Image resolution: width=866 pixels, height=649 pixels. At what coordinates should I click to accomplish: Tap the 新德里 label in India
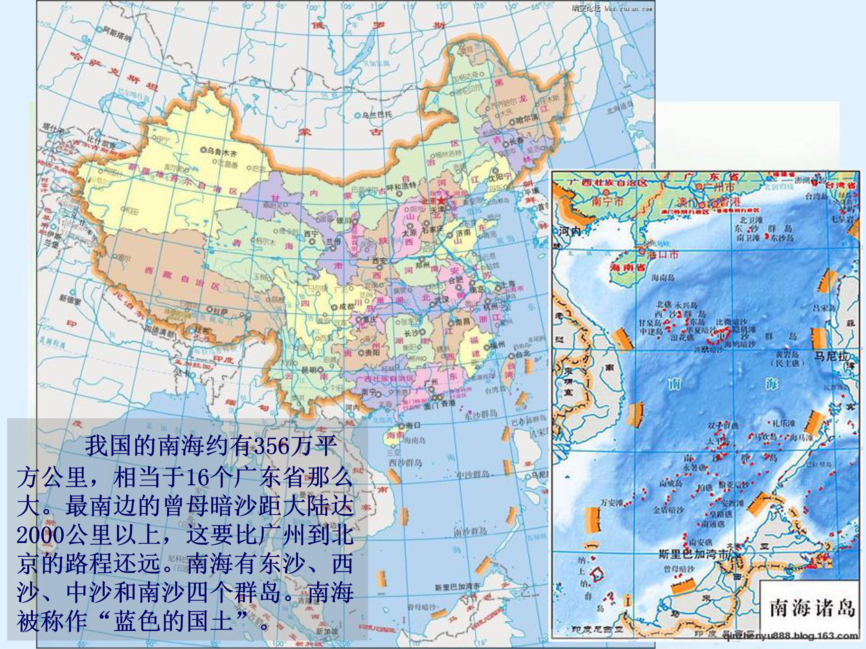tap(70, 298)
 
